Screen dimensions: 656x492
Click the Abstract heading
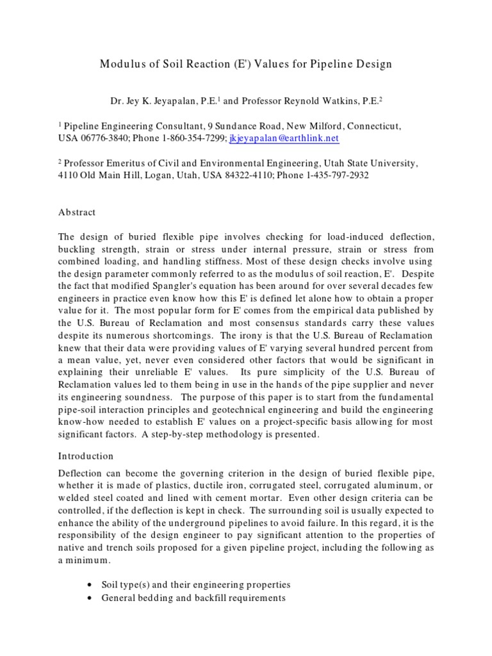click(x=77, y=212)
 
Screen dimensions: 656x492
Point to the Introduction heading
click(x=86, y=456)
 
